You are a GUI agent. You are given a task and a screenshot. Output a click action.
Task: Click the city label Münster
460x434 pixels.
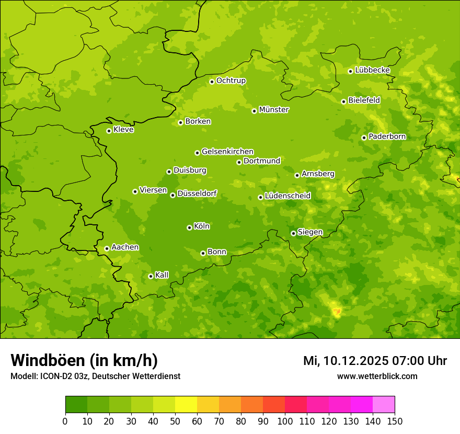point(274,110)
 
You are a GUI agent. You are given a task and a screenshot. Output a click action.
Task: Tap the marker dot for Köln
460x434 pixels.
point(189,227)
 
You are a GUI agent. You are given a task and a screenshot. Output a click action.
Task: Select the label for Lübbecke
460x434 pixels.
point(372,70)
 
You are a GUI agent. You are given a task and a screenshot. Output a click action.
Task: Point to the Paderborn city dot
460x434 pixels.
point(364,138)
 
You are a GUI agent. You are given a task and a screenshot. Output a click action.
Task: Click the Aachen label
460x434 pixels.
point(125,247)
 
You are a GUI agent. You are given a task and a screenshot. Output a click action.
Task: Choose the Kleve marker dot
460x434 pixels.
point(109,131)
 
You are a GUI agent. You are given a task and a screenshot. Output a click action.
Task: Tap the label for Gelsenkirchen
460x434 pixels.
point(227,152)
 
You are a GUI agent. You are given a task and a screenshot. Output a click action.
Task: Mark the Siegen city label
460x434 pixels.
point(310,232)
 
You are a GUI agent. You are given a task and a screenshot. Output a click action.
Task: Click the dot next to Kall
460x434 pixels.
point(151,276)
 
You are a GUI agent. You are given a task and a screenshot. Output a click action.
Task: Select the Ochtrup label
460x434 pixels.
point(231,81)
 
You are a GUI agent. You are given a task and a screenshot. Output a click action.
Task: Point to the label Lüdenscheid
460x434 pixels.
point(287,196)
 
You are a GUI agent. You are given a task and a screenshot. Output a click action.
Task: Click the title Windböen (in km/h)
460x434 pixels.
point(84,360)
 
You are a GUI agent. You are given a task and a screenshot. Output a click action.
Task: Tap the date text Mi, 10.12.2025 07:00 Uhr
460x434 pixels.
point(375,361)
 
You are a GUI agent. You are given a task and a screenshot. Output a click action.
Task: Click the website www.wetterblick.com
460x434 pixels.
point(377,376)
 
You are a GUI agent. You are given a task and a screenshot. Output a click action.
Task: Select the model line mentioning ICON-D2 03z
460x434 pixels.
point(95,376)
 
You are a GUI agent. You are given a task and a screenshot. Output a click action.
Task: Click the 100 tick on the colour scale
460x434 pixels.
point(285,421)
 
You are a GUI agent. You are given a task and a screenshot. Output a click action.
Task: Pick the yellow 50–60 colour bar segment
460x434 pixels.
point(186,405)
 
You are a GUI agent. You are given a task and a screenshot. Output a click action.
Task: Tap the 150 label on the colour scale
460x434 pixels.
point(395,421)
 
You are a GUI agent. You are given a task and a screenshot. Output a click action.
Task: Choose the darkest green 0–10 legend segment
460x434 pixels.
point(76,405)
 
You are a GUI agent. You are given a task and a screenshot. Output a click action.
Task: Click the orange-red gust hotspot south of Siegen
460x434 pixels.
point(337,312)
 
